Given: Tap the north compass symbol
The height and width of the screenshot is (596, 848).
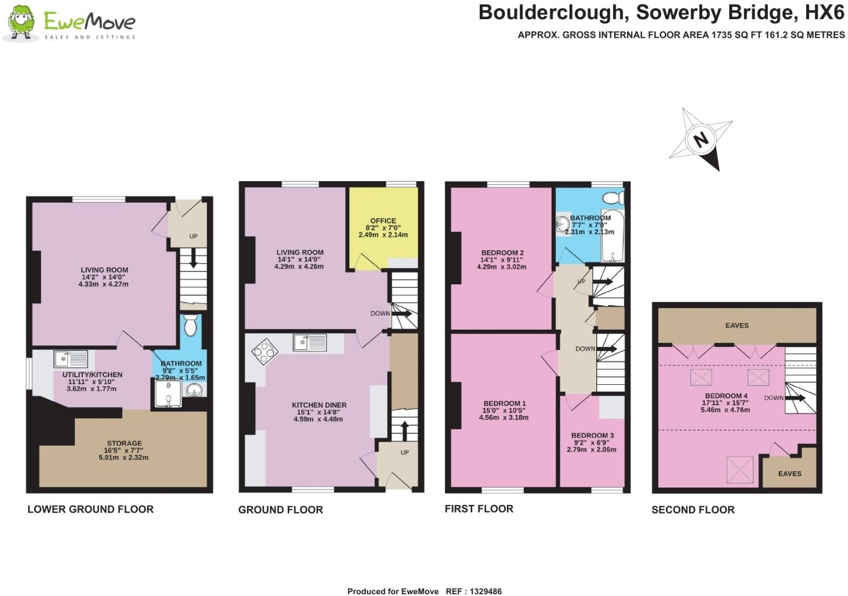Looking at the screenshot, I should click(701, 139).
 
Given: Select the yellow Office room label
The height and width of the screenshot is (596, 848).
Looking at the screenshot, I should click(383, 221).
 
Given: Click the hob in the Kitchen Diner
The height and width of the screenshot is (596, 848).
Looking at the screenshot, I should click(265, 351).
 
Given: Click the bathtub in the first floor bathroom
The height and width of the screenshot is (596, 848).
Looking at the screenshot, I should click(612, 235).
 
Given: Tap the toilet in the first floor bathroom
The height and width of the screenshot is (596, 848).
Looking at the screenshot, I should click(614, 198).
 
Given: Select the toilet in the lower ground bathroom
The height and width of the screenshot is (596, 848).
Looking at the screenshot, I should click(190, 326).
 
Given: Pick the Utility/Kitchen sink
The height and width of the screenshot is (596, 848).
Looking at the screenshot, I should click(71, 359).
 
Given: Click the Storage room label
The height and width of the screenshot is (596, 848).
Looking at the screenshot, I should click(124, 443).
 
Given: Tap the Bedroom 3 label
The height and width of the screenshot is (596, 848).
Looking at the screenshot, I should click(592, 435).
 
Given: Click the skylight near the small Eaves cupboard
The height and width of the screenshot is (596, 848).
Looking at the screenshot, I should click(741, 468).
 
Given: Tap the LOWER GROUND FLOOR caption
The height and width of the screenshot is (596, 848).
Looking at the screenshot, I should click(90, 510).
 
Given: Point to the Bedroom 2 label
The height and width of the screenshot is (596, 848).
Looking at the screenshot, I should click(502, 252).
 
